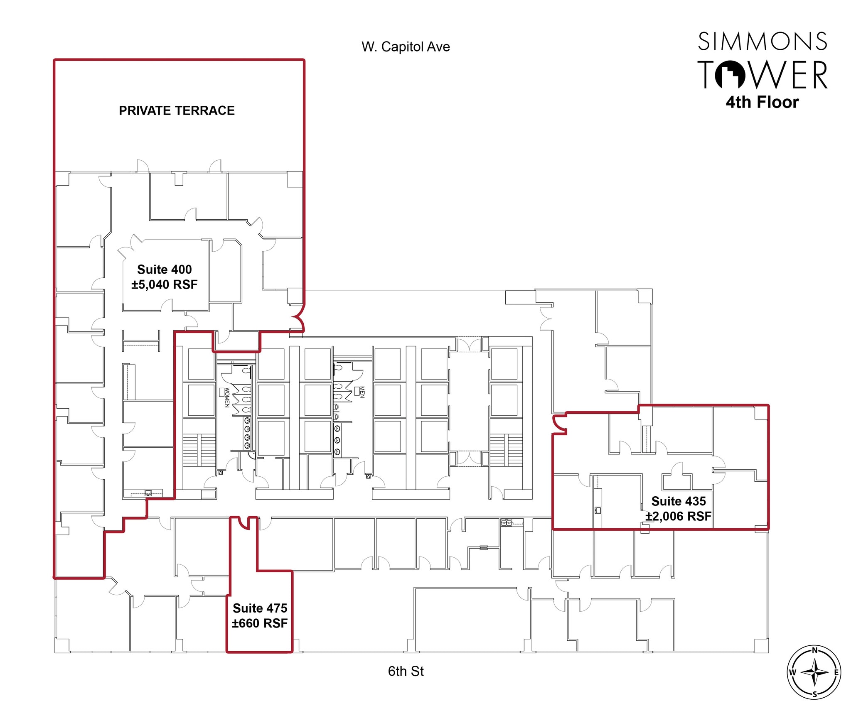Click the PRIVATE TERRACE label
coord(177,110)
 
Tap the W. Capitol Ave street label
coord(406,47)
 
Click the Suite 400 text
coord(165,270)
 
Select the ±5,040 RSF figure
coord(165,284)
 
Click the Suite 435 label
coord(679,501)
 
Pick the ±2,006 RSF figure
coord(678,516)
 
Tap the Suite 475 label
coord(260,608)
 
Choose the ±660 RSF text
coord(260,623)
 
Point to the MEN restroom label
coord(362,392)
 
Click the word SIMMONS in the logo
coord(762,42)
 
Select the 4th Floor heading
coord(762,102)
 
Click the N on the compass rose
coord(814,650)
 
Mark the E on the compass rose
coord(836,672)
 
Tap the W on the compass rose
coord(792,672)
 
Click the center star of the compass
coord(814,672)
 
